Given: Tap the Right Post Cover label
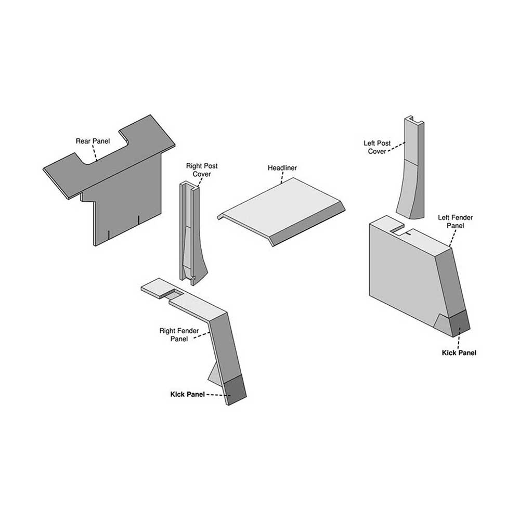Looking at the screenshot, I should [202, 170].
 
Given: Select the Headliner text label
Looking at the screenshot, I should [282, 168].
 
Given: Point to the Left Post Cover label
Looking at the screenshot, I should [376, 147].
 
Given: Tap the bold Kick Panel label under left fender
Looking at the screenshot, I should [459, 353].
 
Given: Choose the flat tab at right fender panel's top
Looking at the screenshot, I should [156, 288].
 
